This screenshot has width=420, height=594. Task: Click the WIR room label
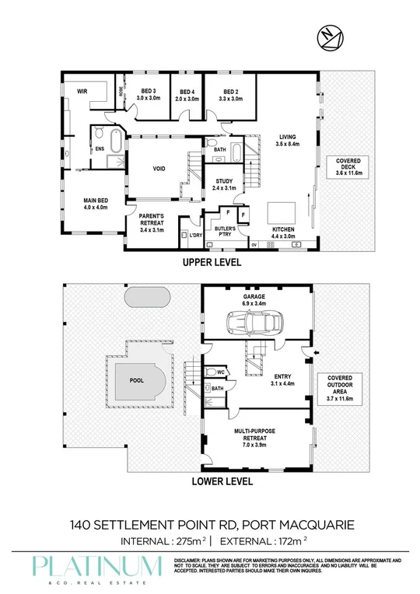[x=81, y=92]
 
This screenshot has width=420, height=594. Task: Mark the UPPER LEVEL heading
[x=212, y=264]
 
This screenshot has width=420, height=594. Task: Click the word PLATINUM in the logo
[x=97, y=564]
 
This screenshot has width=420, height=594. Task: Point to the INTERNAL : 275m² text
[x=163, y=540]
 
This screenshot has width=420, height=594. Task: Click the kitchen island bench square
[x=279, y=212]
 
